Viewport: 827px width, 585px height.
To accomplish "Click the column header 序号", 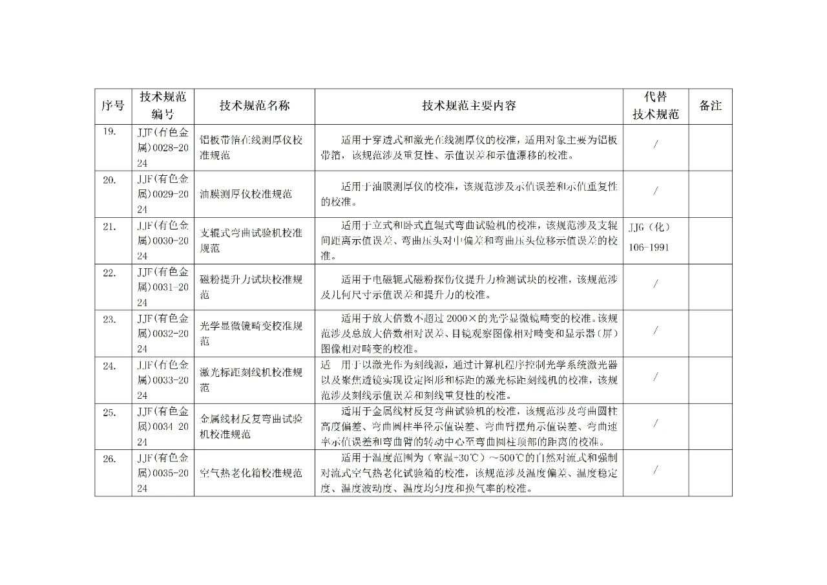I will (113, 106).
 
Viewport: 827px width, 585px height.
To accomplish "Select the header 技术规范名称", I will (254, 106).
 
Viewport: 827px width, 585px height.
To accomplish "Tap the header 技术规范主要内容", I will (468, 106).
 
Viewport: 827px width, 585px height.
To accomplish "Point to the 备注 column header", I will (710, 106).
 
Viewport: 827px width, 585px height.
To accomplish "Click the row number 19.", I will (109, 133).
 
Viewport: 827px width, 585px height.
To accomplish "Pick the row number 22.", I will (109, 272).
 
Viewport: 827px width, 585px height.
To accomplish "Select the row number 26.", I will (109, 458).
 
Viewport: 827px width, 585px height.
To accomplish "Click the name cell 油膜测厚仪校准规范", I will (246, 194).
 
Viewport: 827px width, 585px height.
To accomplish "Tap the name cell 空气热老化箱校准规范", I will (251, 473).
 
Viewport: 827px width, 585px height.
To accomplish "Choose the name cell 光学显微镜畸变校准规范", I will (251, 333).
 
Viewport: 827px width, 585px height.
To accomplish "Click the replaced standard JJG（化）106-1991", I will (649, 237).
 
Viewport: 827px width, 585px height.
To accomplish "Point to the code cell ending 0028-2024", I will (163, 147).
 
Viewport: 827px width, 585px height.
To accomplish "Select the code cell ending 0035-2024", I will (163, 473).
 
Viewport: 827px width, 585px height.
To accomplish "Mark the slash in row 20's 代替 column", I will (655, 191).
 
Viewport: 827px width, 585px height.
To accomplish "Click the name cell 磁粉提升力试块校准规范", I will (251, 286).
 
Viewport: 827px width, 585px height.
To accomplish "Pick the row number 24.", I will (109, 365).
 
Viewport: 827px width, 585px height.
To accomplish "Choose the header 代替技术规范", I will (655, 106).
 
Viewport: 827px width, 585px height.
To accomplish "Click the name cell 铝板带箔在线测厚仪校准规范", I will (251, 147).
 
